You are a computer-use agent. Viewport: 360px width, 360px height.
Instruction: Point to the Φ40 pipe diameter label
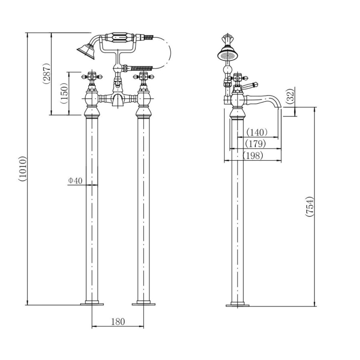(x=75, y=181)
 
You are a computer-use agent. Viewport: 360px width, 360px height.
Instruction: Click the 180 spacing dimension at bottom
(x=118, y=322)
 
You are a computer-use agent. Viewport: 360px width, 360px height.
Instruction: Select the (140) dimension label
(x=256, y=132)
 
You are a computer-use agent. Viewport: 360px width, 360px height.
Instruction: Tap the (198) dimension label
(x=252, y=156)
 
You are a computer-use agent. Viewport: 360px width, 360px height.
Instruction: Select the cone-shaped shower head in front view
(x=86, y=51)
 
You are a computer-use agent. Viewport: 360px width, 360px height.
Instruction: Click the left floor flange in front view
(x=92, y=304)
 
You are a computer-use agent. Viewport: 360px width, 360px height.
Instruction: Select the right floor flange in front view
(x=144, y=304)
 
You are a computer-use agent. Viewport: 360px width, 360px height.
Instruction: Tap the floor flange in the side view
(x=238, y=305)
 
